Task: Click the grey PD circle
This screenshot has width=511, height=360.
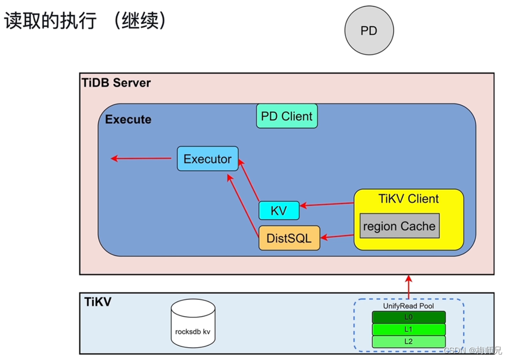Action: click(369, 30)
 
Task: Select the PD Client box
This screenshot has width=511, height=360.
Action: click(287, 116)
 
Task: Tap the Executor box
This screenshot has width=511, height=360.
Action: click(207, 158)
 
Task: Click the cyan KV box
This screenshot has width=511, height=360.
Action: click(279, 210)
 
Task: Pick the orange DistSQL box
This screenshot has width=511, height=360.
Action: click(289, 238)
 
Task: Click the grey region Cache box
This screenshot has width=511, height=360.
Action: click(399, 226)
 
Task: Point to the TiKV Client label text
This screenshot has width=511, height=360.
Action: click(408, 199)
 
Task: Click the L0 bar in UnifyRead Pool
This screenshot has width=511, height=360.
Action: click(409, 317)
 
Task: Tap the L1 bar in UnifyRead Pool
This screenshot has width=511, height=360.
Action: click(409, 329)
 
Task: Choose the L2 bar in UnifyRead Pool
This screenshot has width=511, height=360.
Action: click(409, 341)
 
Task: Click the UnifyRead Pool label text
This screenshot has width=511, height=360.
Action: click(409, 306)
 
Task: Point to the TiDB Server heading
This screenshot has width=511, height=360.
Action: click(116, 82)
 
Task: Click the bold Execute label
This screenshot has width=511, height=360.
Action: click(128, 119)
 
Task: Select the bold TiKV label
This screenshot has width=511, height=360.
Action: click(97, 302)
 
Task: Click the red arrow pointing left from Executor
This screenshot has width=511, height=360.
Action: click(144, 158)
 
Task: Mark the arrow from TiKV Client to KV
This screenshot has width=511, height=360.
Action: click(327, 205)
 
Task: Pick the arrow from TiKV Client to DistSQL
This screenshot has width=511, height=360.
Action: click(337, 237)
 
